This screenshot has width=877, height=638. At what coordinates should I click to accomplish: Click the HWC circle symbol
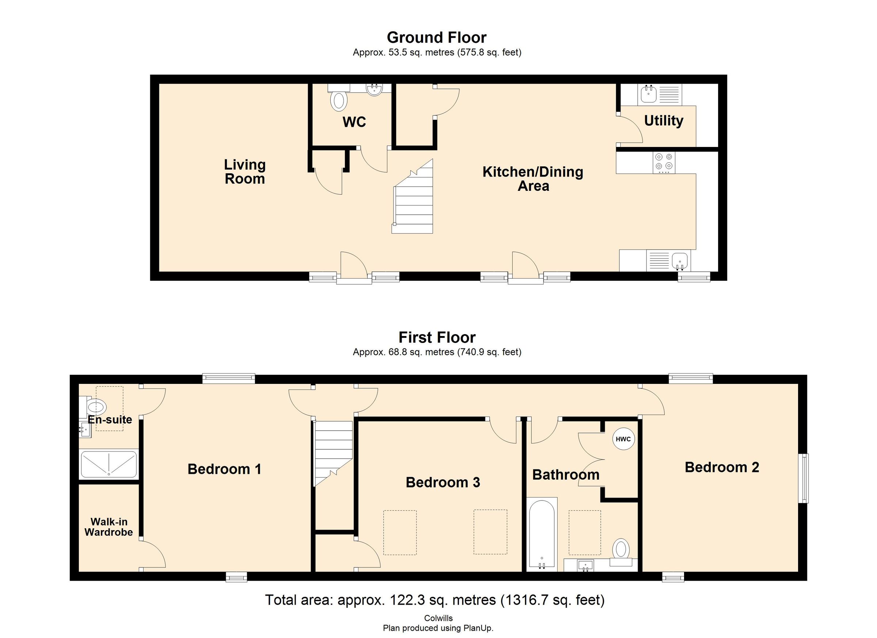623,439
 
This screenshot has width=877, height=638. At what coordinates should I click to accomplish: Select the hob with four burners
664,162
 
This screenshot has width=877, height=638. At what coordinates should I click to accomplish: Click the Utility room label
664,121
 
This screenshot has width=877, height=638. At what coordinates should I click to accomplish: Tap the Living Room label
245,172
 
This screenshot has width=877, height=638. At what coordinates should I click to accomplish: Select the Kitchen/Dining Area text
533,179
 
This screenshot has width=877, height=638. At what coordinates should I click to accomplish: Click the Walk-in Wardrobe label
109,527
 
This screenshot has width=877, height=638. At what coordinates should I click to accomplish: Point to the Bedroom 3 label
443,483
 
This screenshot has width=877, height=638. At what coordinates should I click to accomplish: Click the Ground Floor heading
437,38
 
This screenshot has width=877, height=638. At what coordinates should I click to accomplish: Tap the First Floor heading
437,337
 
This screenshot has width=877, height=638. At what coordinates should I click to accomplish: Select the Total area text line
434,600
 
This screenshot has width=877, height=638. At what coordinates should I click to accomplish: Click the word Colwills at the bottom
438,618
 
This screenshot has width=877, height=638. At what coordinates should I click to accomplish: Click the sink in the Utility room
649,94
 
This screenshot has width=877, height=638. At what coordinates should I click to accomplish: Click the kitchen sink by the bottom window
679,261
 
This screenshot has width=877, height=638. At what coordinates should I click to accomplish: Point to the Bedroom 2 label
722,467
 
